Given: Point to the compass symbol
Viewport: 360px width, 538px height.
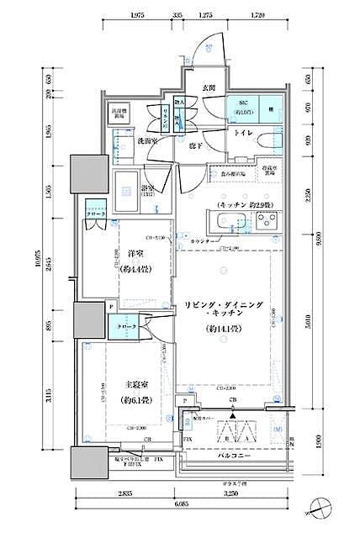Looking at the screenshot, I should pos(325,507).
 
